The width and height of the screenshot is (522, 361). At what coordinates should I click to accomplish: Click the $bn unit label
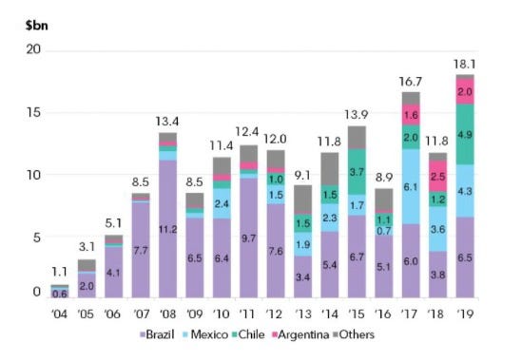(37, 26)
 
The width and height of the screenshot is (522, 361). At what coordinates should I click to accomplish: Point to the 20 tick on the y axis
(33, 49)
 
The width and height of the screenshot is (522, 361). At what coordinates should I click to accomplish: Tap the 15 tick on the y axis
(33, 112)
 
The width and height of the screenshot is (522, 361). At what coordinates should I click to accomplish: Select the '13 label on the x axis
(302, 313)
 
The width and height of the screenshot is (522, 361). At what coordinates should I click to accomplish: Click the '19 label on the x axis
(465, 313)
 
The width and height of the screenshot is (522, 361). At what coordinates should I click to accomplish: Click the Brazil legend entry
(157, 334)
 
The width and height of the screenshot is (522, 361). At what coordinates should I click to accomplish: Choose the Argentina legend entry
(300, 334)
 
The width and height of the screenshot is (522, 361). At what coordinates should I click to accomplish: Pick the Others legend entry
(354, 334)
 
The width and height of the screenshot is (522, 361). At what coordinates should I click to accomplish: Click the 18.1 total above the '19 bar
(465, 64)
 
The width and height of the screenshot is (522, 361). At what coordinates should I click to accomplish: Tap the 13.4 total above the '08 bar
(167, 122)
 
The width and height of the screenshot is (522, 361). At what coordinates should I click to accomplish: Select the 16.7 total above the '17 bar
(411, 81)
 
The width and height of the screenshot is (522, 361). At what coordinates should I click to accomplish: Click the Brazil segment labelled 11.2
(167, 229)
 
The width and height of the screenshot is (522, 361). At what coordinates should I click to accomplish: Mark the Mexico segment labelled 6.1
(411, 186)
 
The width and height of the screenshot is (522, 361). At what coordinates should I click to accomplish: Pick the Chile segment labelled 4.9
(465, 134)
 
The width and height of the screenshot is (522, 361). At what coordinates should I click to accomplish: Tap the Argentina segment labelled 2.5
(437, 176)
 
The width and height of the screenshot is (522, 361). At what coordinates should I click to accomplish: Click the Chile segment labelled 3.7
(357, 172)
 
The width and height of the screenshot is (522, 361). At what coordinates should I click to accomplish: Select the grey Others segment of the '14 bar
(330, 169)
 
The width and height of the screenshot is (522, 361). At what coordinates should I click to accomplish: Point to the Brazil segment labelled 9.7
(249, 237)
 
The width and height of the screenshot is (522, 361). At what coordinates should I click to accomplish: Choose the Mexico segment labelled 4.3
(465, 191)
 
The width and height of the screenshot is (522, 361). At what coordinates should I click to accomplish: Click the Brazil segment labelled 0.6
(60, 294)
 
